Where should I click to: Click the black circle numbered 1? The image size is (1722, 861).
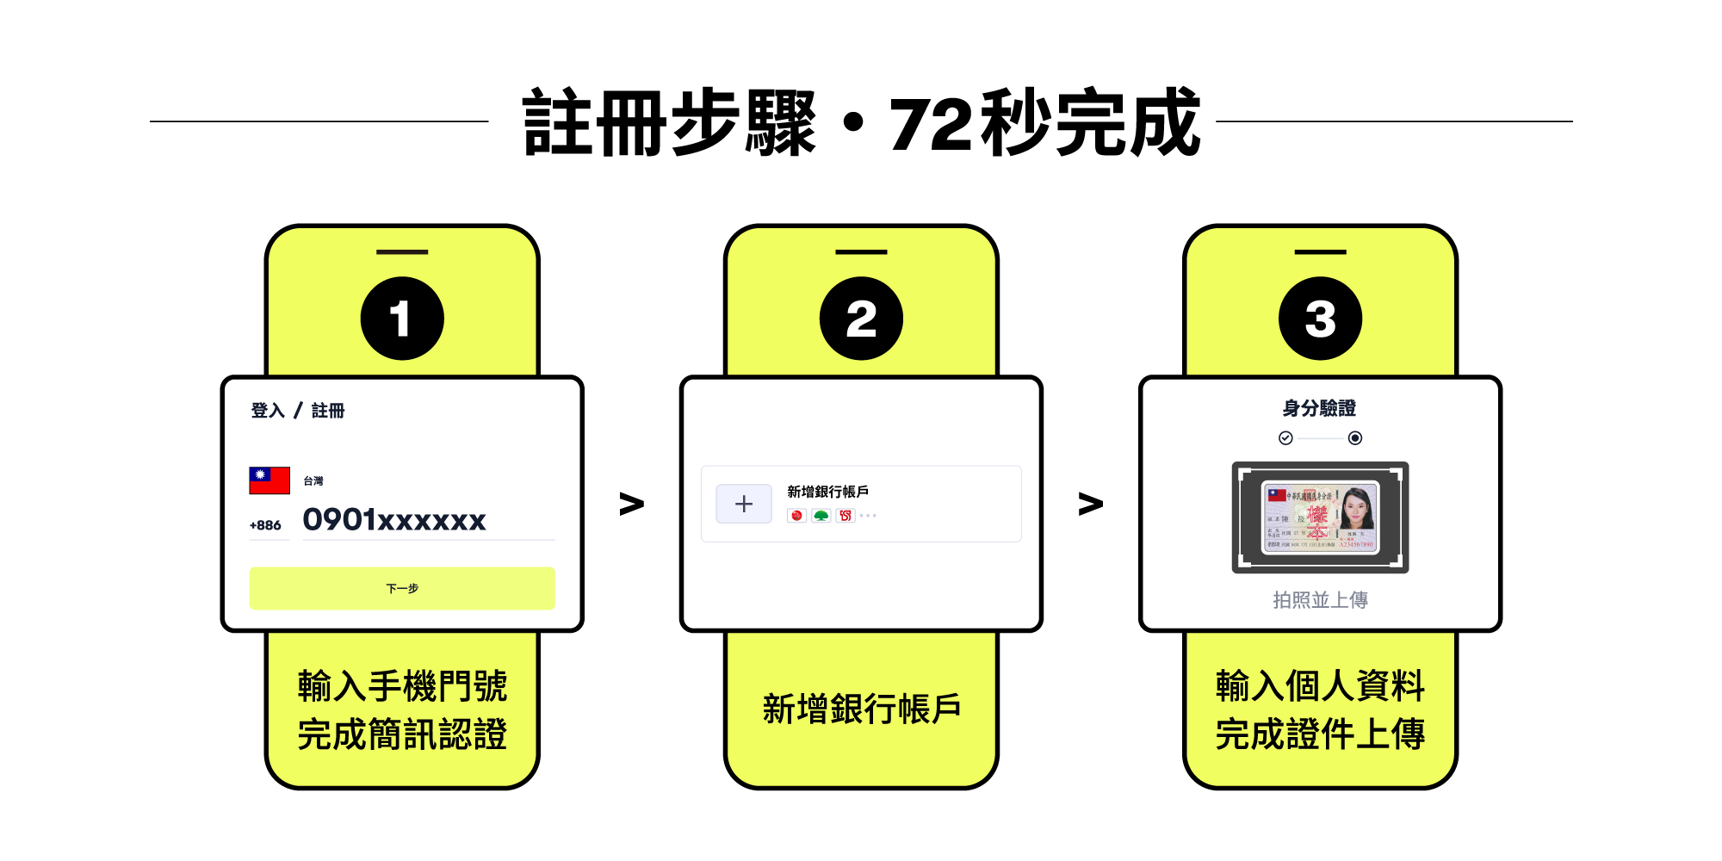pyautogui.click(x=402, y=319)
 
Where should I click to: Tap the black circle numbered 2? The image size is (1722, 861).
pyautogui.click(x=861, y=319)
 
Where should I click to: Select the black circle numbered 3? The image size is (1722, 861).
pyautogui.click(x=1320, y=319)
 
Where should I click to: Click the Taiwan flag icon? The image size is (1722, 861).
pyautogui.click(x=269, y=480)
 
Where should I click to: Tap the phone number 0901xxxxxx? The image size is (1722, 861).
pyautogui.click(x=394, y=520)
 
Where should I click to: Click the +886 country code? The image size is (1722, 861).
pyautogui.click(x=265, y=525)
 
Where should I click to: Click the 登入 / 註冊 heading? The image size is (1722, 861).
pyautogui.click(x=297, y=411)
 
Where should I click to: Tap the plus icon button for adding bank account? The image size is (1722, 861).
pyautogui.click(x=744, y=504)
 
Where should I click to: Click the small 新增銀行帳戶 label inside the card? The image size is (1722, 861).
pyautogui.click(x=827, y=492)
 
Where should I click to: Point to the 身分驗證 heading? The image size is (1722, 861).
pyautogui.click(x=1319, y=408)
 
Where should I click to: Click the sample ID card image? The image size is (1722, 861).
pyautogui.click(x=1320, y=517)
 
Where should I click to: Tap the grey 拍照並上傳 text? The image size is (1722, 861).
pyautogui.click(x=1320, y=600)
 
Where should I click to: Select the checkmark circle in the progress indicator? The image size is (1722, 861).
pyautogui.click(x=1285, y=438)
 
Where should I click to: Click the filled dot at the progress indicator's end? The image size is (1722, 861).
pyautogui.click(x=1355, y=438)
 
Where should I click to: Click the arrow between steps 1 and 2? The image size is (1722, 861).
pyautogui.click(x=631, y=504)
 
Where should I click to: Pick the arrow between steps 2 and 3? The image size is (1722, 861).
pyautogui.click(x=1090, y=504)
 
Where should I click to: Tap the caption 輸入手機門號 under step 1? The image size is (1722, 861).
pyautogui.click(x=402, y=686)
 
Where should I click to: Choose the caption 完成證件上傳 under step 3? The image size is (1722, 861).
pyautogui.click(x=1320, y=734)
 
